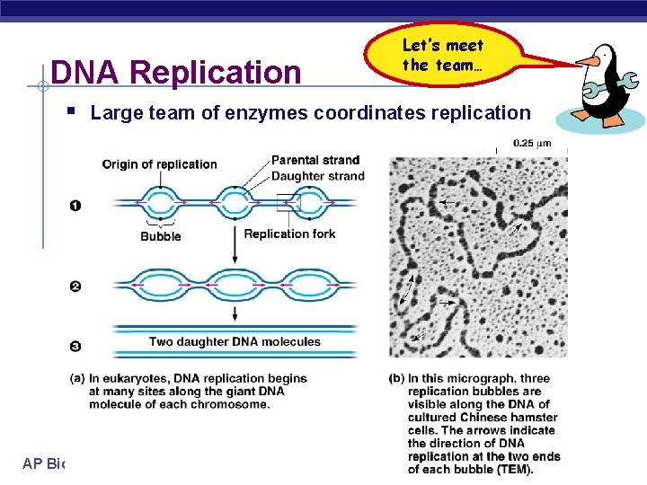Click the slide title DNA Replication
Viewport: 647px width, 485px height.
click(x=176, y=73)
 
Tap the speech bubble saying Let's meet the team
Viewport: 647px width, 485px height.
click(x=442, y=55)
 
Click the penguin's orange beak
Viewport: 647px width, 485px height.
click(x=587, y=61)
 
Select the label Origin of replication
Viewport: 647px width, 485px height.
click(x=159, y=164)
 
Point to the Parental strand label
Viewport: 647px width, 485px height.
click(x=315, y=160)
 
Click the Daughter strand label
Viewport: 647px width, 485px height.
click(x=317, y=175)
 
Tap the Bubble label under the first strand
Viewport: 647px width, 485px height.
click(x=160, y=236)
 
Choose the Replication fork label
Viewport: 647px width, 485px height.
click(x=289, y=234)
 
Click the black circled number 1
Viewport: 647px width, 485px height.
click(x=75, y=206)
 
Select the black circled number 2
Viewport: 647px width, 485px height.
click(x=75, y=287)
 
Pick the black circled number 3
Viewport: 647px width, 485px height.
click(x=75, y=346)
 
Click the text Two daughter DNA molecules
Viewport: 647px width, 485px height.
click(x=235, y=341)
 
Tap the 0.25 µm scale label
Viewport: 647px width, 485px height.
click(x=532, y=142)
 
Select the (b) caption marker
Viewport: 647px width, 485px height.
click(x=397, y=379)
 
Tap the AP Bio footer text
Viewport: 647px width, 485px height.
click(x=45, y=463)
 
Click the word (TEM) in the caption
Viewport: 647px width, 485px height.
click(x=515, y=469)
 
